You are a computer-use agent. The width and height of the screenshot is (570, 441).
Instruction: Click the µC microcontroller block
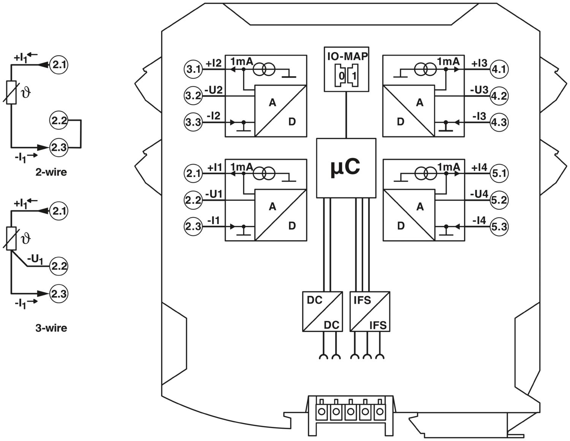coord(346,168)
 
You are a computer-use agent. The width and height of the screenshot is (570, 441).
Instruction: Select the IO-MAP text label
coord(347,57)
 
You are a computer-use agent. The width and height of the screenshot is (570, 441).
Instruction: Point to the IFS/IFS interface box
coord(370,311)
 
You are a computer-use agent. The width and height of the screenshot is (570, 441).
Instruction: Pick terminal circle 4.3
coord(499,123)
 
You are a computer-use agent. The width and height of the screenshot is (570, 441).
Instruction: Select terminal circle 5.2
coord(499,200)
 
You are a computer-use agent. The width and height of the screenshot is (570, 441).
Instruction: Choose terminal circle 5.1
coord(499,174)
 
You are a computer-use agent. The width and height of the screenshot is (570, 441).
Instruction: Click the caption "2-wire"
coord(51,172)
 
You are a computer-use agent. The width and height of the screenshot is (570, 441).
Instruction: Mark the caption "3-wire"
coord(51,328)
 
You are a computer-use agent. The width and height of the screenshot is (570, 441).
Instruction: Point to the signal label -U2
coord(214,90)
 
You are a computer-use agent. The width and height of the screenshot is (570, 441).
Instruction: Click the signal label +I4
coord(479,167)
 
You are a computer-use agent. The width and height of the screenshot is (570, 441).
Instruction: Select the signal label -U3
coord(479,90)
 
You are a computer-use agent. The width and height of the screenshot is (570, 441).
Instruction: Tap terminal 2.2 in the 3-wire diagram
coord(59,266)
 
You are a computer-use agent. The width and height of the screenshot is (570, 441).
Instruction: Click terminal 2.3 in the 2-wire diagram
coord(59,148)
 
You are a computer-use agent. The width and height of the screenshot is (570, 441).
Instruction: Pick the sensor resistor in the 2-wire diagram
coord(11,92)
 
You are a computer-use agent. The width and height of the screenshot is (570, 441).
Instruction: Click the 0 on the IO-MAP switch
coord(341,76)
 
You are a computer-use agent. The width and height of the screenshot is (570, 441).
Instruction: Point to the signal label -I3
coord(479,116)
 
